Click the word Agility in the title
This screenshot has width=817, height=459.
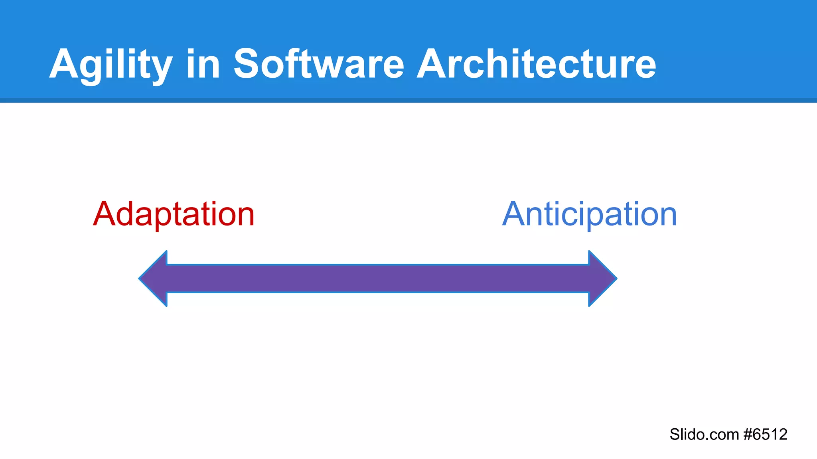(x=111, y=65)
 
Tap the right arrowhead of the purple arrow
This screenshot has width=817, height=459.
(x=602, y=279)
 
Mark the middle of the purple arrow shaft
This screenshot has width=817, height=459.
(x=378, y=279)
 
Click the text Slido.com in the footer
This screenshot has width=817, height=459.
(x=704, y=434)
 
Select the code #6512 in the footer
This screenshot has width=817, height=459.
(x=766, y=434)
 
